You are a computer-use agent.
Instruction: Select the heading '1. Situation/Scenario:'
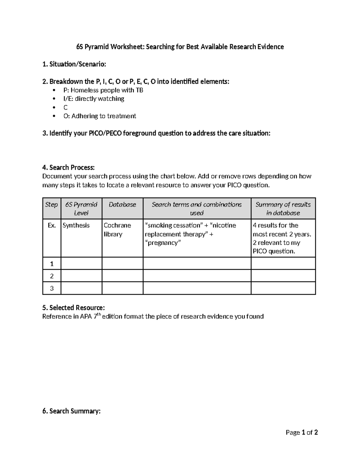[x=74, y=64]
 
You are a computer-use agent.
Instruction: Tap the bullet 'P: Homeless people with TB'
[x=103, y=90]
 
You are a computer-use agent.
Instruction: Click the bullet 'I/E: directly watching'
[x=94, y=99]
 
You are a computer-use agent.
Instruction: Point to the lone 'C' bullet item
[x=65, y=107]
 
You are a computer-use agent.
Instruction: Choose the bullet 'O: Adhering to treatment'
[x=100, y=116]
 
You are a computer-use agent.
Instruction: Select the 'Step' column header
[x=51, y=205]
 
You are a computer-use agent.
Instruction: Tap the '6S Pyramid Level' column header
[x=81, y=209]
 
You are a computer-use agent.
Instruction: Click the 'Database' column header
[x=122, y=205]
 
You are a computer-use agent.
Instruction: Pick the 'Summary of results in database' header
[x=283, y=209]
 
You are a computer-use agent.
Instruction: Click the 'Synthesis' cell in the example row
[x=76, y=225]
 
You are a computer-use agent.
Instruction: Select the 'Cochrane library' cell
[x=117, y=230]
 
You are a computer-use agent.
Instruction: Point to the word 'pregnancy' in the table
[x=163, y=243]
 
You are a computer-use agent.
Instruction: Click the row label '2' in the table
[x=52, y=276]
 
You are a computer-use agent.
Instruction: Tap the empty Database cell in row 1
[x=122, y=263]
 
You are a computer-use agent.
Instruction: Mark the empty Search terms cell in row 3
[x=197, y=288]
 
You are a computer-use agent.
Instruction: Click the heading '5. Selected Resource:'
[x=73, y=308]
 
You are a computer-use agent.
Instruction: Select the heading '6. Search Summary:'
[x=71, y=411]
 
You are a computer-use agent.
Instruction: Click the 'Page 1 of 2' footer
[x=301, y=432]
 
